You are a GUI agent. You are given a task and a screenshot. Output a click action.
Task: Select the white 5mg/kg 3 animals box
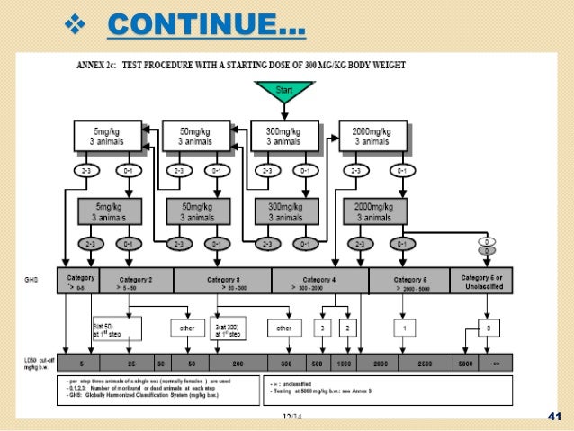(107, 137)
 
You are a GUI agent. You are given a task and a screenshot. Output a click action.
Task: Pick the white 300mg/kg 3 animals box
(284, 137)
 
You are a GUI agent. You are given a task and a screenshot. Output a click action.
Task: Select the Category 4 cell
(320, 281)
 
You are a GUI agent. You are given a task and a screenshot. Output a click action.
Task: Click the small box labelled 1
(406, 328)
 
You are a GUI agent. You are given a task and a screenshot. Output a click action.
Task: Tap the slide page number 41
(553, 415)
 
